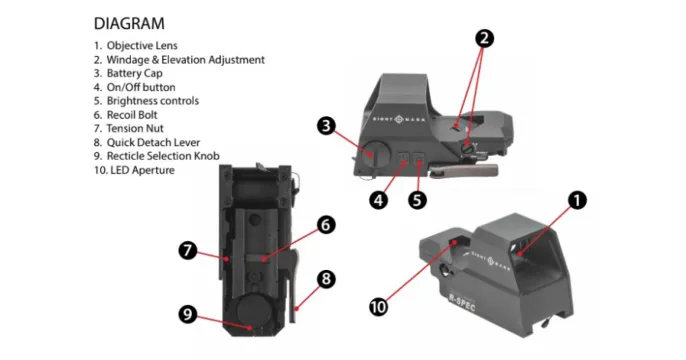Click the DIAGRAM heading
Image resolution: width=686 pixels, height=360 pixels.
(129, 22)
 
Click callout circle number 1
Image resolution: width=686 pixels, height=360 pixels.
(576, 200)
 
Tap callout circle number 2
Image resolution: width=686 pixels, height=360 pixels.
(484, 39)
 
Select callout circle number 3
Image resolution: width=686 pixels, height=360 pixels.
(326, 126)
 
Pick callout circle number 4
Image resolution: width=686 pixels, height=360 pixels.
(378, 199)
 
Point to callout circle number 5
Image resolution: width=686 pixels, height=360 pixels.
(418, 199)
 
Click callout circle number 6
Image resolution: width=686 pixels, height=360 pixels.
(325, 226)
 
